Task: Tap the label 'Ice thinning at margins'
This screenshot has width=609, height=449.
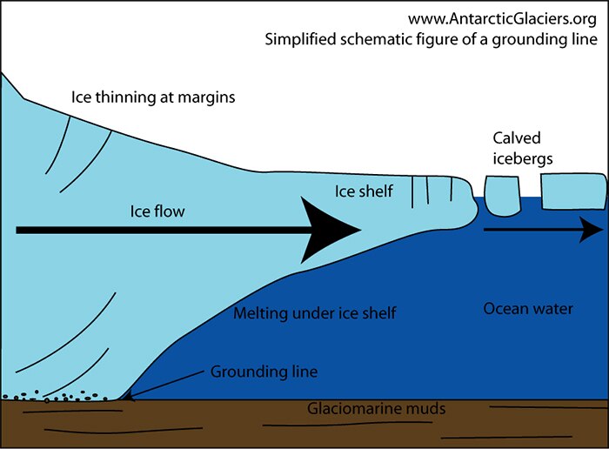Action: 153,97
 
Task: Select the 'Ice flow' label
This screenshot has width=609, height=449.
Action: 157,211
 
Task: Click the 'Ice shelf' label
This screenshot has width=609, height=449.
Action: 364,191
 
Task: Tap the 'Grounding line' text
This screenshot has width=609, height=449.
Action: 264,372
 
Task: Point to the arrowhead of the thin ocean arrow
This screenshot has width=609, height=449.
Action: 592,230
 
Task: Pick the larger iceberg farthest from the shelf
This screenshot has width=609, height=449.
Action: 572,191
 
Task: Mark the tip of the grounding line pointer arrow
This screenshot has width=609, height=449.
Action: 125,397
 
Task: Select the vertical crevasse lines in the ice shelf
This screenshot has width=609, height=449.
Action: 425,191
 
